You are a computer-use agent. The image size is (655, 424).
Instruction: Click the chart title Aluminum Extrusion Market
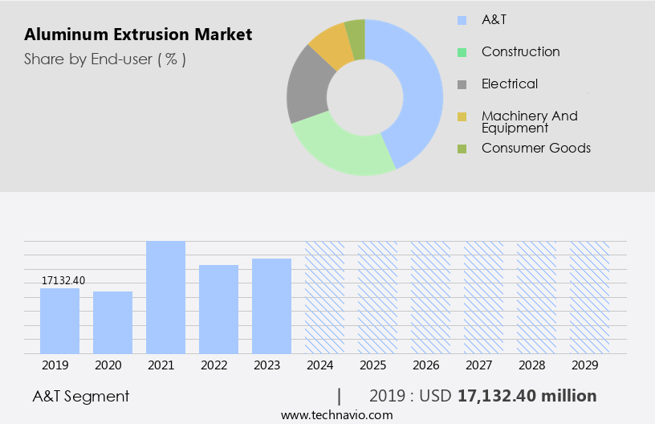click(x=138, y=35)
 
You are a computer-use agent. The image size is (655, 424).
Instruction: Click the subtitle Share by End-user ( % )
click(x=105, y=59)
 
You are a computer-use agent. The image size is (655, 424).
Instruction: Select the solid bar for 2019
click(x=59, y=320)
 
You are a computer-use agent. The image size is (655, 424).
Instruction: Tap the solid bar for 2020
click(x=112, y=322)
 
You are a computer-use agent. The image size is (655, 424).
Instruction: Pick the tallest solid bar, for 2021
click(x=165, y=297)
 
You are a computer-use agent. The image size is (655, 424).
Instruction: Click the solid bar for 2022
click(x=218, y=309)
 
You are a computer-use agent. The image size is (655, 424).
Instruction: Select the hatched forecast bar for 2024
click(x=324, y=297)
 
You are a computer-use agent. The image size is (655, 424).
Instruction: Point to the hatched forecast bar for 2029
click(x=589, y=297)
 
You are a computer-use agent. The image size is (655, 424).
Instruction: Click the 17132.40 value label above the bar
click(x=63, y=280)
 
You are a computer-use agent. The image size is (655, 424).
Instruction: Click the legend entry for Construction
click(x=520, y=52)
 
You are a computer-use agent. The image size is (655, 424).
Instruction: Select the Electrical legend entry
click(x=509, y=84)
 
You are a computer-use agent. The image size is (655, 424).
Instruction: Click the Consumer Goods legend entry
click(x=535, y=149)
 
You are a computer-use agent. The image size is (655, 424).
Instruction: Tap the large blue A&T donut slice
click(x=417, y=88)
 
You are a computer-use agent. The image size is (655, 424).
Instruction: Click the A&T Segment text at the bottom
click(x=80, y=396)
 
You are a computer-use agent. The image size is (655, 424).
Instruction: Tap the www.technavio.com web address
click(x=337, y=415)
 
